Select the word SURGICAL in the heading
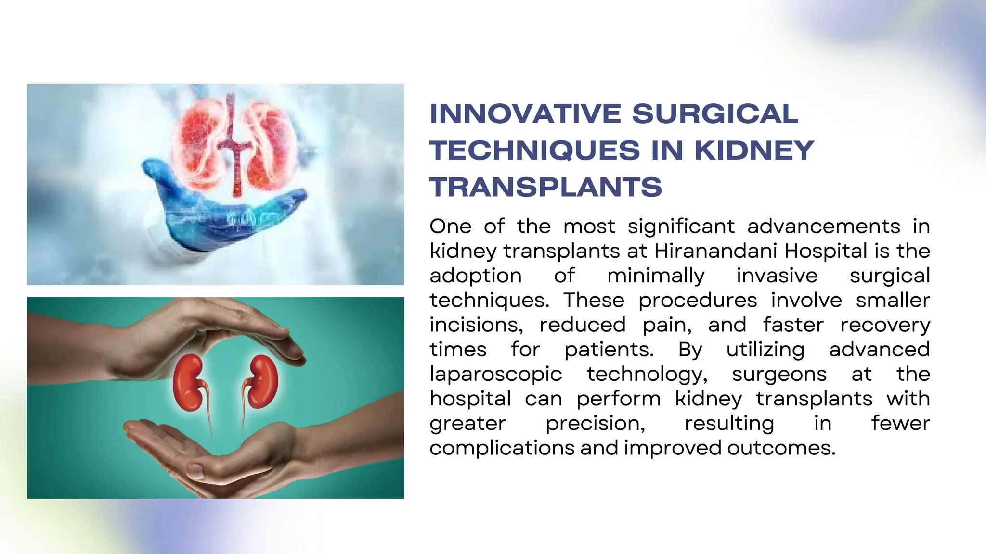[715, 114]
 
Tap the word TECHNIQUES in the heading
[534, 151]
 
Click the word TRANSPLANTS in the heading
[545, 187]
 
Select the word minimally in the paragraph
[656, 276]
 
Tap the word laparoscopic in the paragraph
[495, 375]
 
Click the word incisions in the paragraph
[476, 325]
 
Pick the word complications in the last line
[502, 448]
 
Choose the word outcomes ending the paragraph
[781, 448]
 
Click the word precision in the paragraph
[595, 424]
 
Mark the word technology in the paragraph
[647, 375]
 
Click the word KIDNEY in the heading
[754, 151]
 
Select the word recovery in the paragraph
[885, 325]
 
